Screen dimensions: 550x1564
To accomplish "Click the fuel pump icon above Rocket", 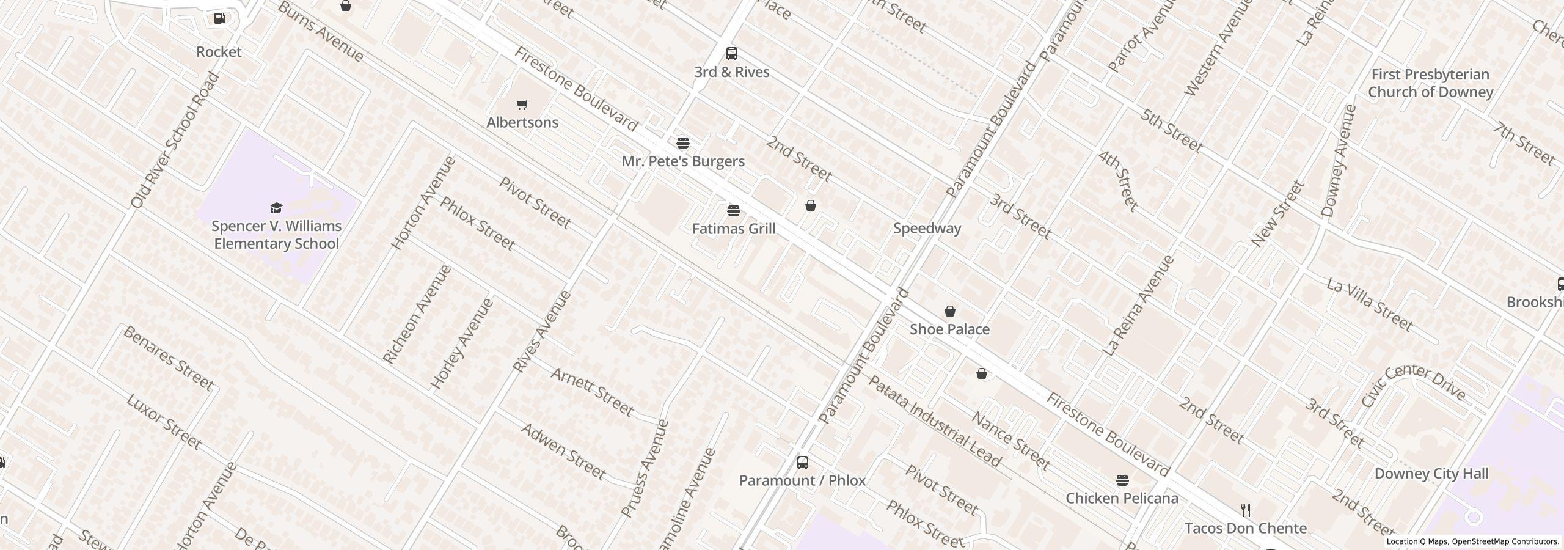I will (x=219, y=19).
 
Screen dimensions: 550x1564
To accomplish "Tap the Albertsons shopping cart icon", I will (x=522, y=105).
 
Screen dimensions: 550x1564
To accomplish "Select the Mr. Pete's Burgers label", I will (x=682, y=161).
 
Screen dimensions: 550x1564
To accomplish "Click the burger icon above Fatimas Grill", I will (x=733, y=211).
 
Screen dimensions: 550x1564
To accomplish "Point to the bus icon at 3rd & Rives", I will (x=731, y=54).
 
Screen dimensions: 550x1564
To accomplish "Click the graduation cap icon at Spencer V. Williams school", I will (x=276, y=208).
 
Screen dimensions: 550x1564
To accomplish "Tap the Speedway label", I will (x=927, y=229).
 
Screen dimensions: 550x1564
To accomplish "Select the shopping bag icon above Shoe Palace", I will (x=949, y=312).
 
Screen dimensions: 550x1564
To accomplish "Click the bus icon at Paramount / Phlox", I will (x=802, y=463).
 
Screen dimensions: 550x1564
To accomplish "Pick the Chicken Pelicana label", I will (x=1121, y=499).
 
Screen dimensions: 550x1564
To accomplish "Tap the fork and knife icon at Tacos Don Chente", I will (x=1245, y=510).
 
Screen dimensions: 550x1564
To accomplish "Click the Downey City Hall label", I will (x=1431, y=474).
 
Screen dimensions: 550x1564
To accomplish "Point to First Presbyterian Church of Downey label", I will (x=1430, y=83).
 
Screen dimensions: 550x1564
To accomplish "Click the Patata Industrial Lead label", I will (x=934, y=421).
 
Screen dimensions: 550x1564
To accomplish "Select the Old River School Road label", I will (x=175, y=140).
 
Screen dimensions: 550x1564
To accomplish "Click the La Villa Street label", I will (x=1369, y=304).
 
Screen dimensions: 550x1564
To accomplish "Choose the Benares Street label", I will (x=168, y=358).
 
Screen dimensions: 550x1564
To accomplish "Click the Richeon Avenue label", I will (x=417, y=314).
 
